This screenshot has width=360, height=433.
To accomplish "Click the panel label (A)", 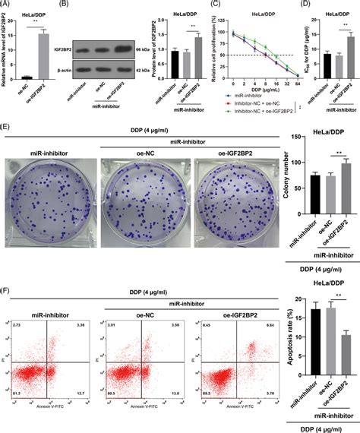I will (8, 5).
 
